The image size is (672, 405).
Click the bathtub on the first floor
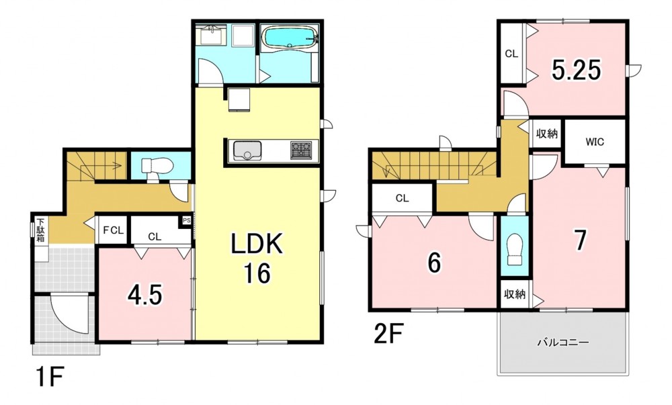tap(290, 38)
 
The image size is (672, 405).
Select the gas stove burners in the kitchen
tap(301, 150)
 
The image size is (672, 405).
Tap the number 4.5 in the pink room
tap(145, 296)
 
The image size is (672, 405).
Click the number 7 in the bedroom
tap(580, 240)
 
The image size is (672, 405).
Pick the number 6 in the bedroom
tap(434, 262)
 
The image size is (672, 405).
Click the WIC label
tap(595, 142)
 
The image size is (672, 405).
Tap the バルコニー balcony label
tap(563, 343)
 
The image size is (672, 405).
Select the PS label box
tap(186, 221)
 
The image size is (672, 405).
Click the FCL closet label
tap(113, 230)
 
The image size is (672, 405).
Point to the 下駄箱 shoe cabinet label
tap(41, 231)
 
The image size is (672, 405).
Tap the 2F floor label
tap(389, 333)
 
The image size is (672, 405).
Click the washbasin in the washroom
tap(210, 35)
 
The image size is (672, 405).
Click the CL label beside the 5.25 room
tap(511, 54)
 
